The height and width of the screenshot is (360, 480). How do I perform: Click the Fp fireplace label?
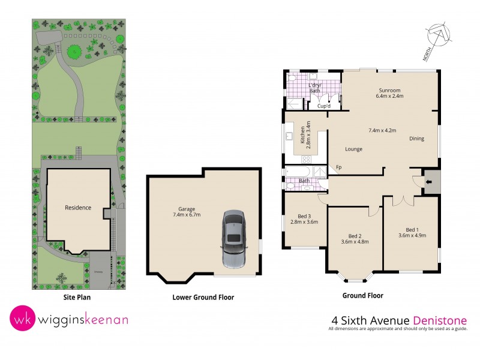point(338,167)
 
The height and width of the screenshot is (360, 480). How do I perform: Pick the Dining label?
point(416,139)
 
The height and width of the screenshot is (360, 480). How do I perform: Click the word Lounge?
point(353,149)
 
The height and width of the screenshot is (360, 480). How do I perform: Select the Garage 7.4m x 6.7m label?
point(184,211)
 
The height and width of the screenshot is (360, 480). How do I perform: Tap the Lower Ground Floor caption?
point(203,297)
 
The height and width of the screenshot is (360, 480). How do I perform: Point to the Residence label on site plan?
point(78,208)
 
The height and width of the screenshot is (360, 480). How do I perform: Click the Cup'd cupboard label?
point(324,106)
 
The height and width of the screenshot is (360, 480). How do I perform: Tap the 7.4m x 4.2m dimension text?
point(382,130)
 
